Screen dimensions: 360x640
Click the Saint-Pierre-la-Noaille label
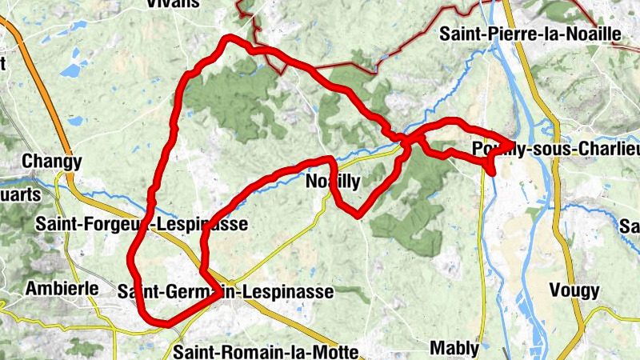tap(530, 34)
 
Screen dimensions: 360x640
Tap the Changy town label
tap(52, 162)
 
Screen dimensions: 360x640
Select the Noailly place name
tap(333, 182)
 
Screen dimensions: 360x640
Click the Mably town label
tap(454, 348)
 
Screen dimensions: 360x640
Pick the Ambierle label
tap(62, 288)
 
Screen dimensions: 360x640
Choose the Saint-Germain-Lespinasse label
tap(225, 292)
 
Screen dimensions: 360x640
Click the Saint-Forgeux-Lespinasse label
tap(141, 225)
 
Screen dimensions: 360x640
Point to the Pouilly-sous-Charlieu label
tap(556, 149)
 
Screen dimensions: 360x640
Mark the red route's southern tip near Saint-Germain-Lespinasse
tap(164, 322)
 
